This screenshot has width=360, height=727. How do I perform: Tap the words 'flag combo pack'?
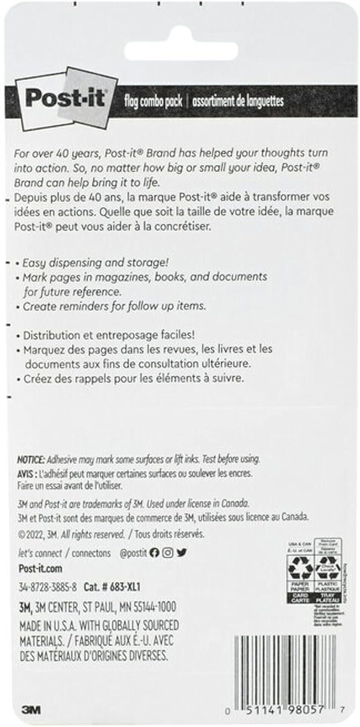click(154, 101)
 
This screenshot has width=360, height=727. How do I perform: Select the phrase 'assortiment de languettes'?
click(237, 101)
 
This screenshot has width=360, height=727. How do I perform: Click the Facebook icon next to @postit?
click(154, 553)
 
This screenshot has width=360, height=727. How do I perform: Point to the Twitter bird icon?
click(181, 553)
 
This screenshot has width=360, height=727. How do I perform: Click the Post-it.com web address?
click(40, 569)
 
